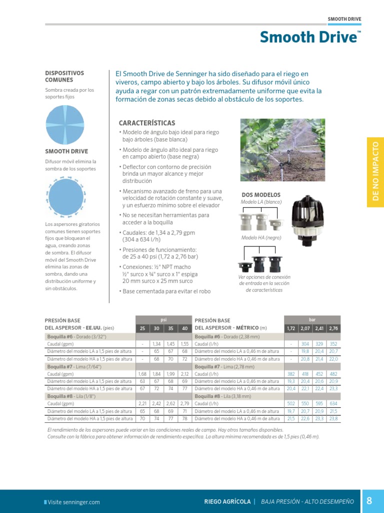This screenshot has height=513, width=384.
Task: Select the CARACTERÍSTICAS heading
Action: (x=147, y=123)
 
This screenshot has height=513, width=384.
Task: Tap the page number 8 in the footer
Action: (x=369, y=501)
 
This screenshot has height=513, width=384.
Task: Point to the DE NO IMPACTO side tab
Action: (x=375, y=171)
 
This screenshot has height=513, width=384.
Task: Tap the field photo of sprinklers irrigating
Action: (x=282, y=150)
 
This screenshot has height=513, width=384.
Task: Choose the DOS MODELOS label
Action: (x=261, y=195)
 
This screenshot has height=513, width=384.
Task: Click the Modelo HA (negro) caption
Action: (x=261, y=238)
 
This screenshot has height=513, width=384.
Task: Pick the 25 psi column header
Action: (x=142, y=328)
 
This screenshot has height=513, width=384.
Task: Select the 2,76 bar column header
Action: (x=333, y=328)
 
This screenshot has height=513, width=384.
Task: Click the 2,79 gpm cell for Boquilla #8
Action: (x=184, y=403)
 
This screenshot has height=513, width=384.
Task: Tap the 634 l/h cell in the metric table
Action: (x=333, y=403)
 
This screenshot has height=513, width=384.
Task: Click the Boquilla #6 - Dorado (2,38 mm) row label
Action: (x=227, y=337)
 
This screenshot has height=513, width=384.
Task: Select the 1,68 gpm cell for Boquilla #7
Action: (x=142, y=374)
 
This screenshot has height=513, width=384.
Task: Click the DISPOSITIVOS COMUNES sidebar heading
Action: (x=64, y=76)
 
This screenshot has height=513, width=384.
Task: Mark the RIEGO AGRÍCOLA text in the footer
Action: (x=227, y=501)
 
